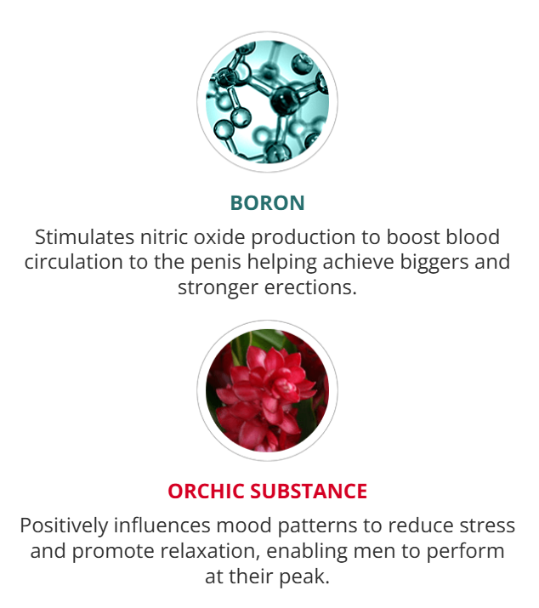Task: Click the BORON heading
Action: coord(268,202)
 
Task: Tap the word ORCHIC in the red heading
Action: coord(207,491)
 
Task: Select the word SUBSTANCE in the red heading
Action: coord(309,491)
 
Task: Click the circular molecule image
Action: coord(267,102)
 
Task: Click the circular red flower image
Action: coord(267,390)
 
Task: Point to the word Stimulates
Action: coord(84,237)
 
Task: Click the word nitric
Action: coord(164,237)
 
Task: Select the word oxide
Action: coord(219,237)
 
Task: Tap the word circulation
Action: coord(74,262)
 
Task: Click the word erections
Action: coord(310,287)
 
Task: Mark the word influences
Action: coord(162,526)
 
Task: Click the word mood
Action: coord(244,526)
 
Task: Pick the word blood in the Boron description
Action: coord(473,237)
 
